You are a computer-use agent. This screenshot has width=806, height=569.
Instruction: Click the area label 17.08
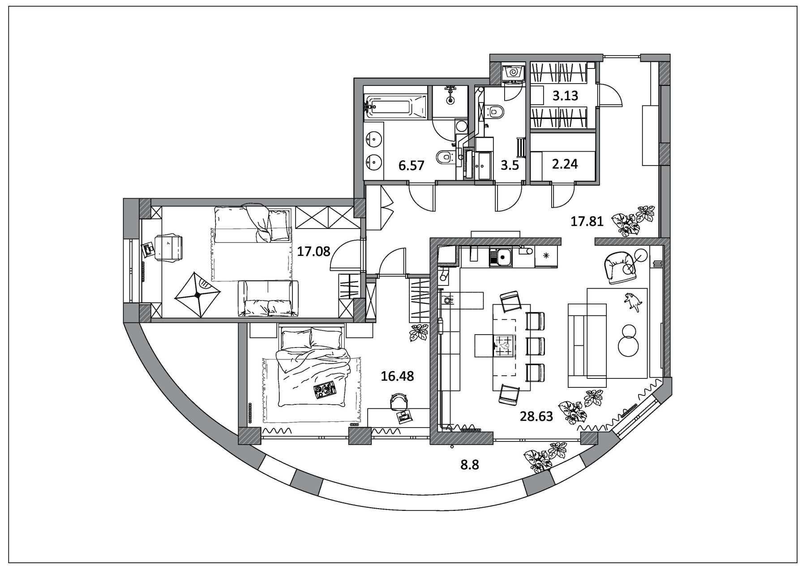(313, 251)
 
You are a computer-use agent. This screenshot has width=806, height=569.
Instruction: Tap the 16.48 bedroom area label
(397, 376)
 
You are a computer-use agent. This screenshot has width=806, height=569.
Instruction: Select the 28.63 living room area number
(536, 416)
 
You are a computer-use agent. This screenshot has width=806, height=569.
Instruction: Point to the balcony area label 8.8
(470, 465)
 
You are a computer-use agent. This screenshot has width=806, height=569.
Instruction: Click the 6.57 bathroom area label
(411, 166)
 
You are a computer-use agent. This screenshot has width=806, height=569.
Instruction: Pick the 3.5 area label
(510, 166)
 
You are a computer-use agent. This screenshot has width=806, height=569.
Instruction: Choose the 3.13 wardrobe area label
(565, 96)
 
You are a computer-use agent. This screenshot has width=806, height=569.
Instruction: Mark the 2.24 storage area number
(565, 164)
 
